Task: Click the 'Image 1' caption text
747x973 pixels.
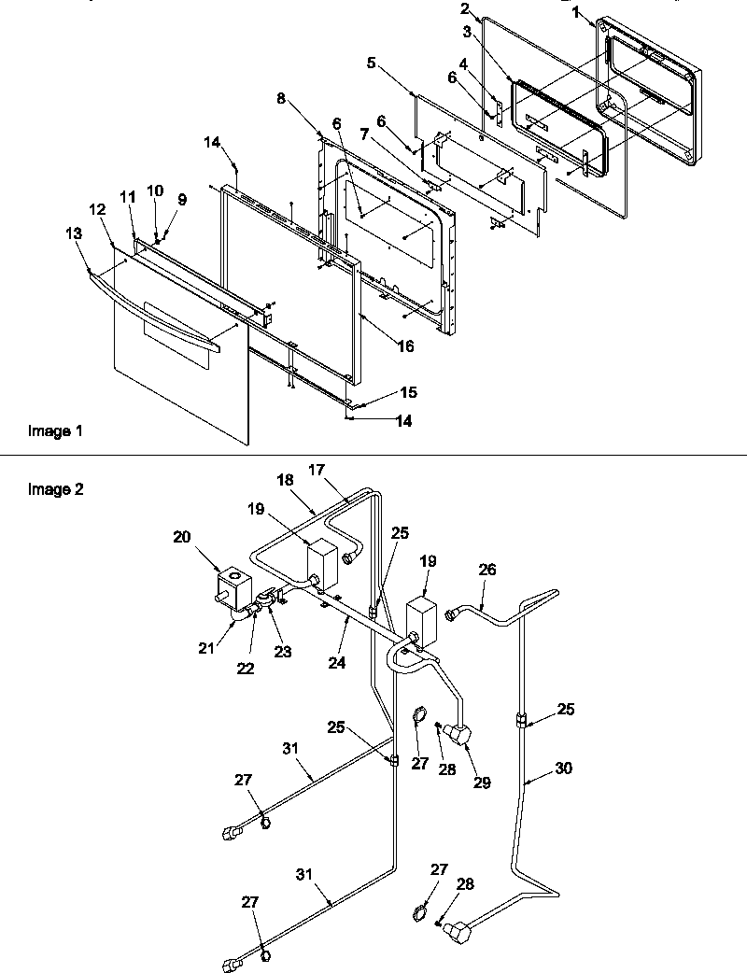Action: pyautogui.click(x=55, y=431)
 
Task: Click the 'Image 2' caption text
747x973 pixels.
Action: pyautogui.click(x=55, y=488)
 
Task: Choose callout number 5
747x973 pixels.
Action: pyautogui.click(x=372, y=63)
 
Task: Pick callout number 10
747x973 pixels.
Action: pyautogui.click(x=155, y=190)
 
